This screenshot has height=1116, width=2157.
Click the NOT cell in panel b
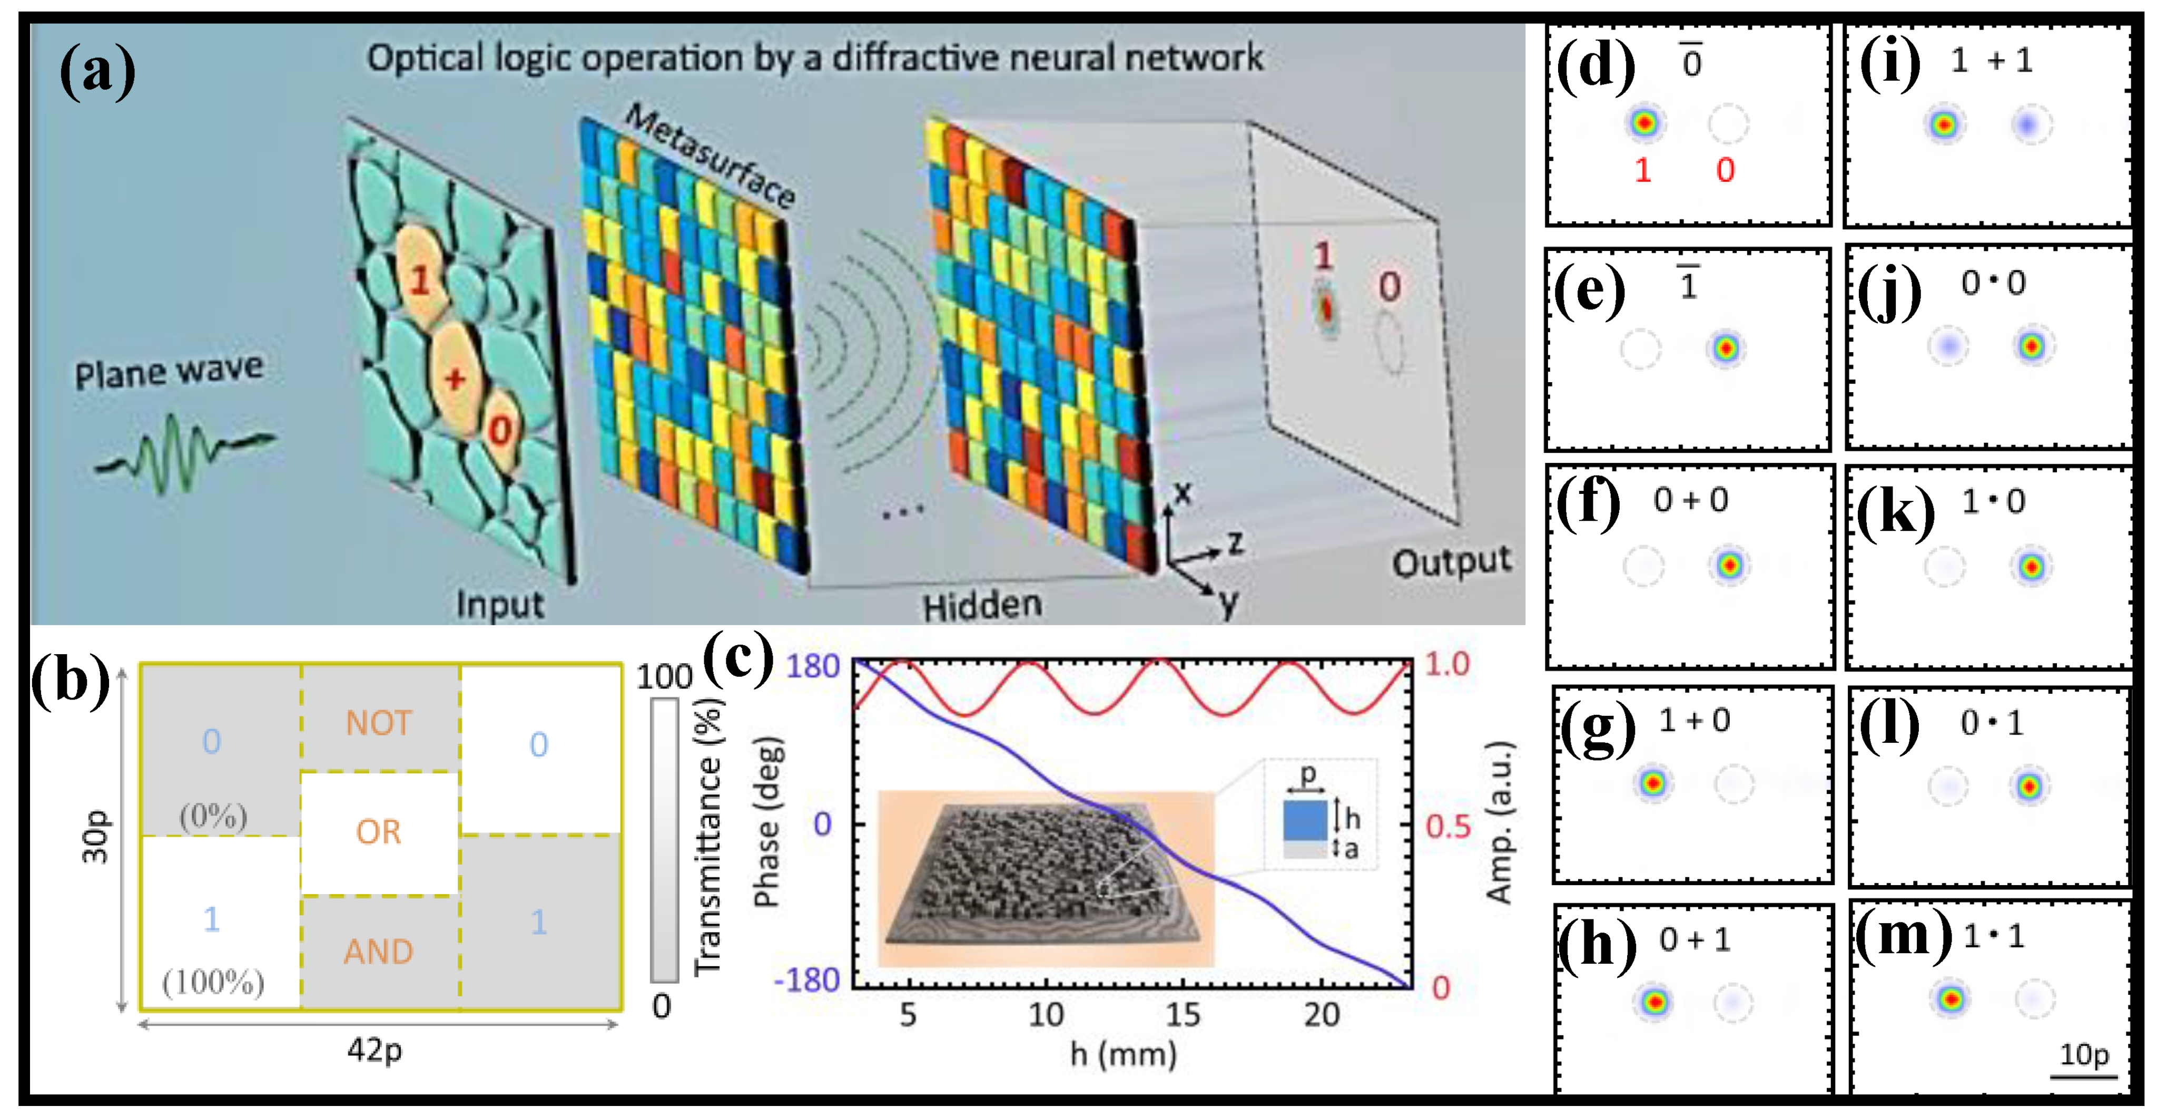click(379, 722)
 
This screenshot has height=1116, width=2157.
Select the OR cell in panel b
click(379, 832)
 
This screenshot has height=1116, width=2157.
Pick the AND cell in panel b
click(379, 952)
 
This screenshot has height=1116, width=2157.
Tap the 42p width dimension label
click(375, 1049)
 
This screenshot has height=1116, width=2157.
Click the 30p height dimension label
click(95, 836)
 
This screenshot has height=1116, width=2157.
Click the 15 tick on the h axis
click(1183, 1015)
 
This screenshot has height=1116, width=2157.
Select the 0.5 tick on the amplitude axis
click(1448, 827)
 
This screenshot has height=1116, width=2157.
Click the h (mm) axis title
click(1123, 1054)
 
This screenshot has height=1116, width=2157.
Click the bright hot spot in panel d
click(1644, 123)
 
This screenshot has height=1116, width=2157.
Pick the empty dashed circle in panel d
click(1728, 123)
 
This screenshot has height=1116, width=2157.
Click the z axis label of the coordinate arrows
click(1235, 543)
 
